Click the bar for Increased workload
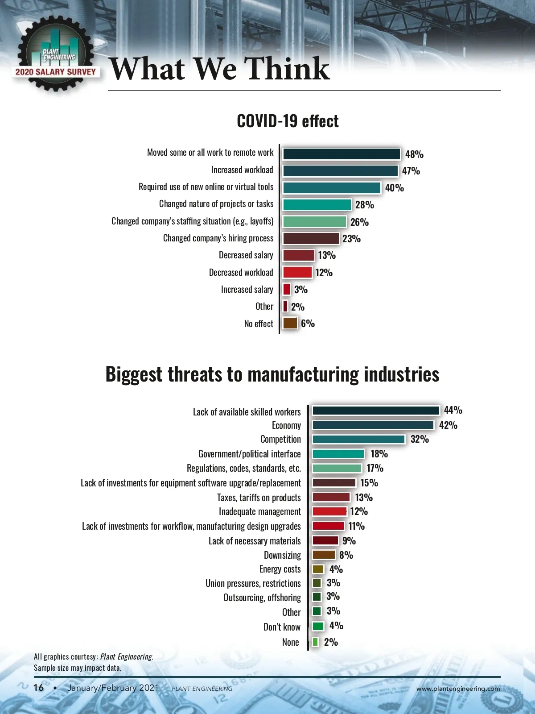point(340,171)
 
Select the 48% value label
point(414,154)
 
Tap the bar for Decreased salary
point(299,255)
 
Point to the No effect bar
point(290,323)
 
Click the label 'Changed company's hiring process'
point(218,238)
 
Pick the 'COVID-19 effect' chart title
point(288,121)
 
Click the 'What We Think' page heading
point(220,69)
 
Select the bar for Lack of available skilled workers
point(376,411)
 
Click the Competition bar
point(358,439)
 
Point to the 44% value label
point(453,410)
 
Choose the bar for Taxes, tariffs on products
point(331,497)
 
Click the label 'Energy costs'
point(280,569)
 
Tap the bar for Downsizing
point(324,555)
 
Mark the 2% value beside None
point(331,642)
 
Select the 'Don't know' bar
point(318,626)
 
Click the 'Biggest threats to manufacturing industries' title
point(272,374)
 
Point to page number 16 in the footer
point(39,688)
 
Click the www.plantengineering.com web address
point(458,689)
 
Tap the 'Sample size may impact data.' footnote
point(78,668)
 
